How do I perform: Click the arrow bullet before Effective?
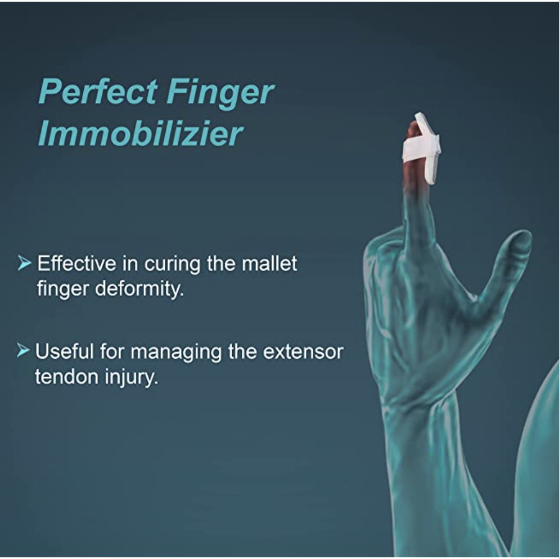coord(24,263)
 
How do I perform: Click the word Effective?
coord(77,263)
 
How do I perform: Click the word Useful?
coord(64,352)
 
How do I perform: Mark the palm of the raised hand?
coord(422,321)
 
